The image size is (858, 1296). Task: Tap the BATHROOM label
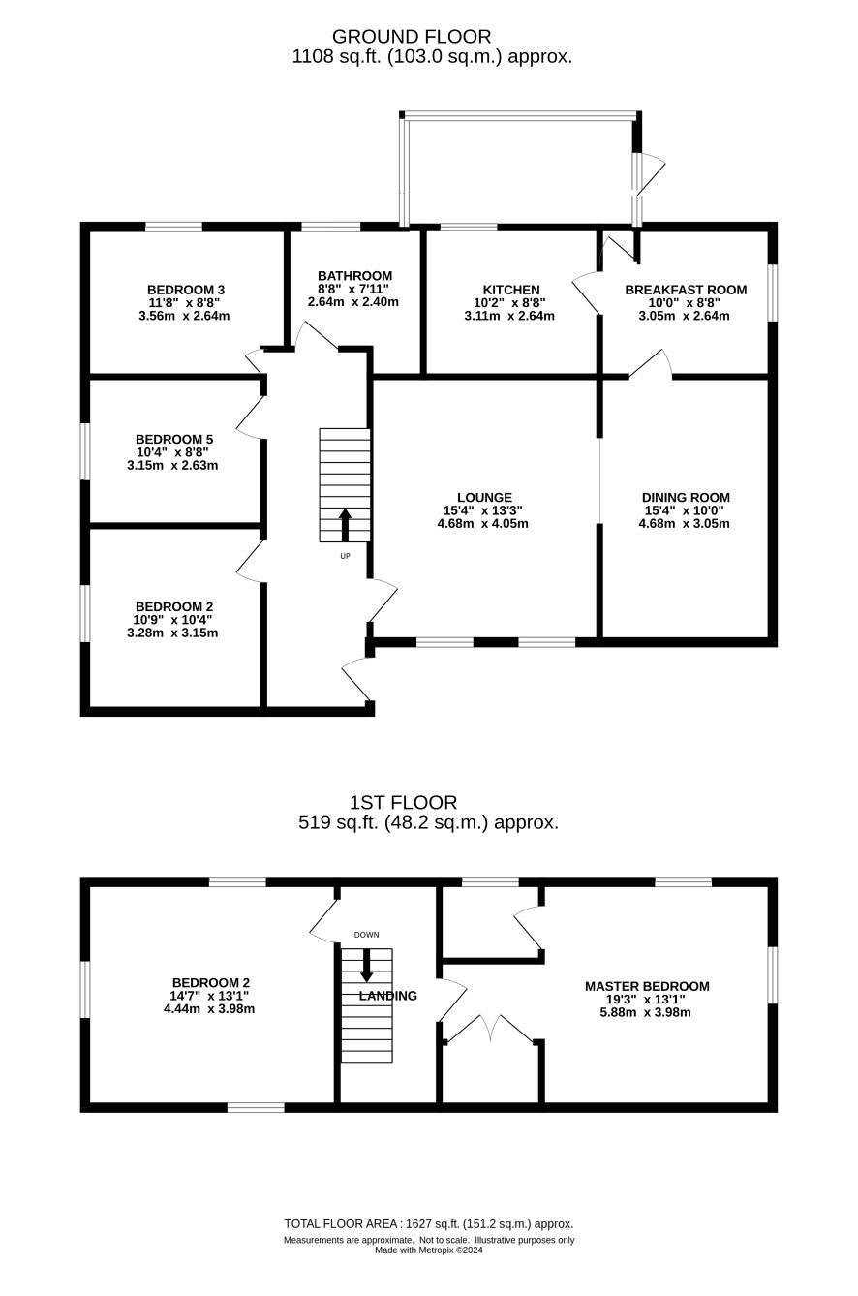[354, 276]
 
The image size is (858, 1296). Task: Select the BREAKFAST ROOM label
[686, 290]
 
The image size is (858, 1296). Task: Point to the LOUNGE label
[484, 498]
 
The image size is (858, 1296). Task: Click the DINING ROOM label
[686, 498]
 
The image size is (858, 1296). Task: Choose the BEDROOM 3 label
[186, 290]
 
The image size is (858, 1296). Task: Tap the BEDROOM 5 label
[174, 439]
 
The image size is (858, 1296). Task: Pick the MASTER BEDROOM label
[647, 986]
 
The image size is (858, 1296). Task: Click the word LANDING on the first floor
[387, 996]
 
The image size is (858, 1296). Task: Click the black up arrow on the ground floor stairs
[345, 525]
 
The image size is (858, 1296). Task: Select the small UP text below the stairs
[345, 557]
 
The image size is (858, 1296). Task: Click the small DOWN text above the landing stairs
[366, 935]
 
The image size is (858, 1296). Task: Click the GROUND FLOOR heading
[412, 37]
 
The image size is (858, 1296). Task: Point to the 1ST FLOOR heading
[403, 802]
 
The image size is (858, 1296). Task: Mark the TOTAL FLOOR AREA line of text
[429, 1223]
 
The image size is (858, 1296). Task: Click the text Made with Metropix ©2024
[429, 1250]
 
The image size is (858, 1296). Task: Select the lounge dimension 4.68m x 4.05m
[483, 524]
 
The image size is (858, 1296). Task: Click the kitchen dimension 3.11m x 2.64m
[509, 316]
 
